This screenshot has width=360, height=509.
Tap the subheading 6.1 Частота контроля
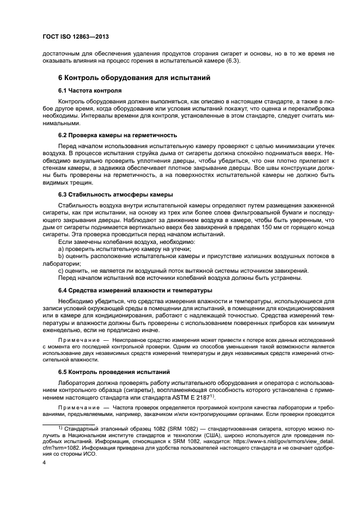90,90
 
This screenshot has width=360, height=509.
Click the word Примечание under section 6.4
77,339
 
